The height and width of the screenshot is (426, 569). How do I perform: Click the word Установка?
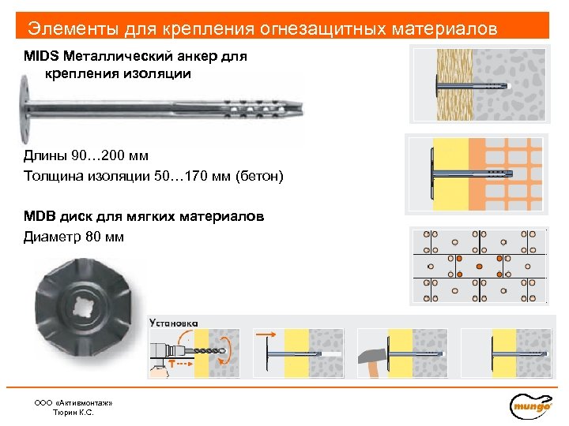click(174, 322)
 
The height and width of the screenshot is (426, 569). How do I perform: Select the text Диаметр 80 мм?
click(73, 236)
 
